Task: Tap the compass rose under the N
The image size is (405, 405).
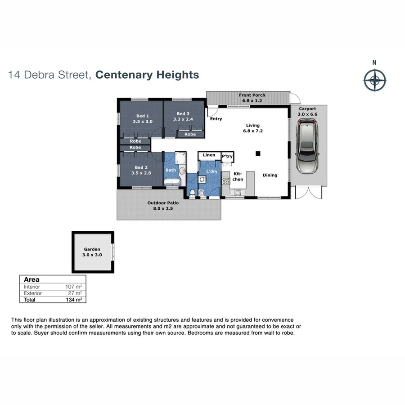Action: [374, 81]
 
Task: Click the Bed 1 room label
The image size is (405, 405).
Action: [143, 116]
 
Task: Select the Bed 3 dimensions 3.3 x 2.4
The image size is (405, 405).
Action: [184, 120]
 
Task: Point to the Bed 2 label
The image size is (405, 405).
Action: [140, 167]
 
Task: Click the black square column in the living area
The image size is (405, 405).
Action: [258, 153]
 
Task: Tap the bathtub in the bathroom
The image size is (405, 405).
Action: [171, 182]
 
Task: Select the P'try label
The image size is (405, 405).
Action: [227, 156]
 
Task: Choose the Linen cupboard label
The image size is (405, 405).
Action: [209, 155]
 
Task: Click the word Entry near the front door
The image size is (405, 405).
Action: [216, 119]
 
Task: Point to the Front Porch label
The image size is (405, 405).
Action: [252, 95]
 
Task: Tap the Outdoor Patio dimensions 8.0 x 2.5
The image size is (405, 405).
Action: [163, 209]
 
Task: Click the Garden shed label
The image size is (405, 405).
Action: [92, 249]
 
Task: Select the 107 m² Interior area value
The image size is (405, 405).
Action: [74, 287]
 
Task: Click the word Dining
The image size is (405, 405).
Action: [270, 175]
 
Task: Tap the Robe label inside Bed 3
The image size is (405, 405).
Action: [190, 134]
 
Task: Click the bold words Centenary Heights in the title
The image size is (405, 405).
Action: [147, 75]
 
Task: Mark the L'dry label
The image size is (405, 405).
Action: [212, 172]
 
